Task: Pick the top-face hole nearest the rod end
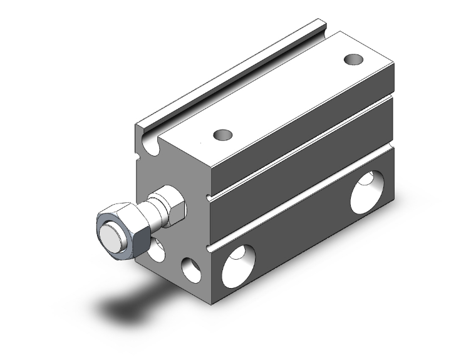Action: [x=222, y=134]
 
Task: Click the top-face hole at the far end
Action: [x=354, y=60]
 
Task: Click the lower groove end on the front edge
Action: [x=211, y=249]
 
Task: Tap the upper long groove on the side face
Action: [x=301, y=150]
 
